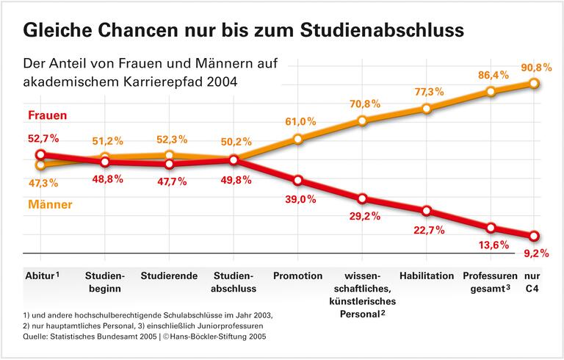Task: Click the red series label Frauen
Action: click(48, 115)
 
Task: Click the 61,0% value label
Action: click(301, 121)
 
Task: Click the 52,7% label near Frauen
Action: click(42, 137)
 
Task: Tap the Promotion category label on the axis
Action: click(297, 276)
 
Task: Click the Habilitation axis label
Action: click(427, 276)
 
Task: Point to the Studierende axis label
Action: click(169, 276)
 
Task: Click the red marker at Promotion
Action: click(297, 181)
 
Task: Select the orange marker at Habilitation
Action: click(427, 109)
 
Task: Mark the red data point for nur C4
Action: click(534, 236)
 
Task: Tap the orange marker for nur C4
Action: click(534, 83)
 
